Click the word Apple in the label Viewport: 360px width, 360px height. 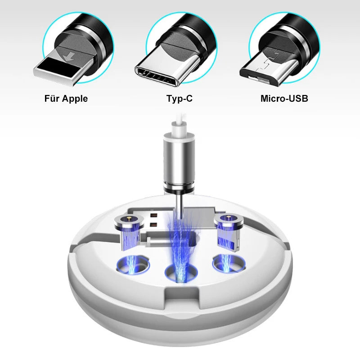75,99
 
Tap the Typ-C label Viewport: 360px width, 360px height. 180,99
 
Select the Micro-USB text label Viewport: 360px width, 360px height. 284,99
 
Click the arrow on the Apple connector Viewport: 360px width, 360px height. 69,57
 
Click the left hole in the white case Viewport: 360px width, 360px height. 133,265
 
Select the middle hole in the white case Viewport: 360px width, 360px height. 181,273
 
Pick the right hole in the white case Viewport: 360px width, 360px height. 229,264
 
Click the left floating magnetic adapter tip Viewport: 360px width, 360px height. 129,231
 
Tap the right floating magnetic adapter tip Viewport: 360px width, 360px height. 229,231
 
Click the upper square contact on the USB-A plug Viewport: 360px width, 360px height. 154,216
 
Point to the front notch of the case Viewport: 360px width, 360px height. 182,296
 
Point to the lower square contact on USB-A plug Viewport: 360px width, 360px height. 154,225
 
